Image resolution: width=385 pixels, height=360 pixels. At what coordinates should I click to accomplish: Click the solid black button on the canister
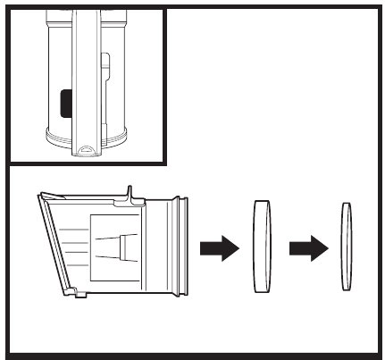(64, 104)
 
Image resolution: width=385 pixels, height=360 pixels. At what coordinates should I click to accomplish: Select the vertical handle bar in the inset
(87, 71)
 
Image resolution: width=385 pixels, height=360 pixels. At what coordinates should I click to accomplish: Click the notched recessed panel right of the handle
(106, 80)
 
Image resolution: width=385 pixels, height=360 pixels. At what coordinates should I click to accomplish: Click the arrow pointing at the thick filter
(217, 246)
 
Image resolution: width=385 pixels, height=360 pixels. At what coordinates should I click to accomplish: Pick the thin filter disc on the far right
(346, 246)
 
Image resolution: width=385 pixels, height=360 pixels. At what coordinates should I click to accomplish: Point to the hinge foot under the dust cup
(71, 291)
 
